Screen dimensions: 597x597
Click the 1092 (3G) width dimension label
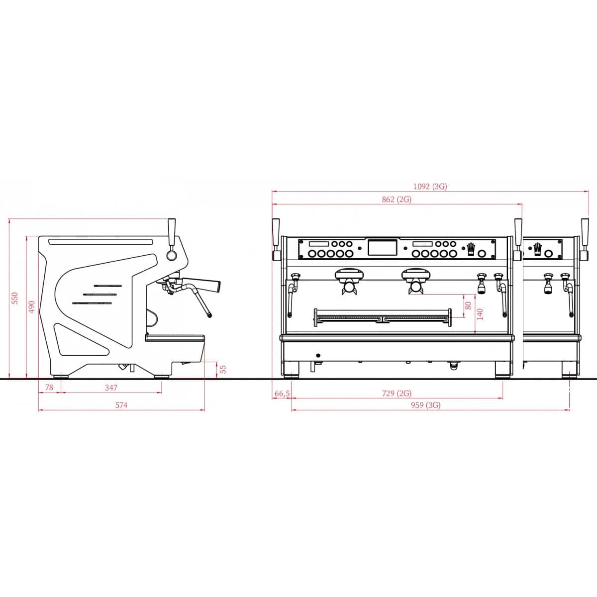pyautogui.click(x=430, y=187)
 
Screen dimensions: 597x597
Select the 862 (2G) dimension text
pyautogui.click(x=397, y=199)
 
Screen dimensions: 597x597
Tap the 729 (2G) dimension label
pyautogui.click(x=397, y=394)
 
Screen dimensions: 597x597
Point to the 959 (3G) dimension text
pyautogui.click(x=426, y=405)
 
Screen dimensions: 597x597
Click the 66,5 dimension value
pyautogui.click(x=282, y=394)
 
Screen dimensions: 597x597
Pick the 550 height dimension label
pyautogui.click(x=15, y=298)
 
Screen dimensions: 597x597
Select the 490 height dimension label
pyautogui.click(x=32, y=307)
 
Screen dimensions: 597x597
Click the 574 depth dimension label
pyautogui.click(x=121, y=405)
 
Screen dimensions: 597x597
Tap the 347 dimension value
pyautogui.click(x=111, y=388)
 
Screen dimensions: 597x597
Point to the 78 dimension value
pyautogui.click(x=49, y=387)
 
